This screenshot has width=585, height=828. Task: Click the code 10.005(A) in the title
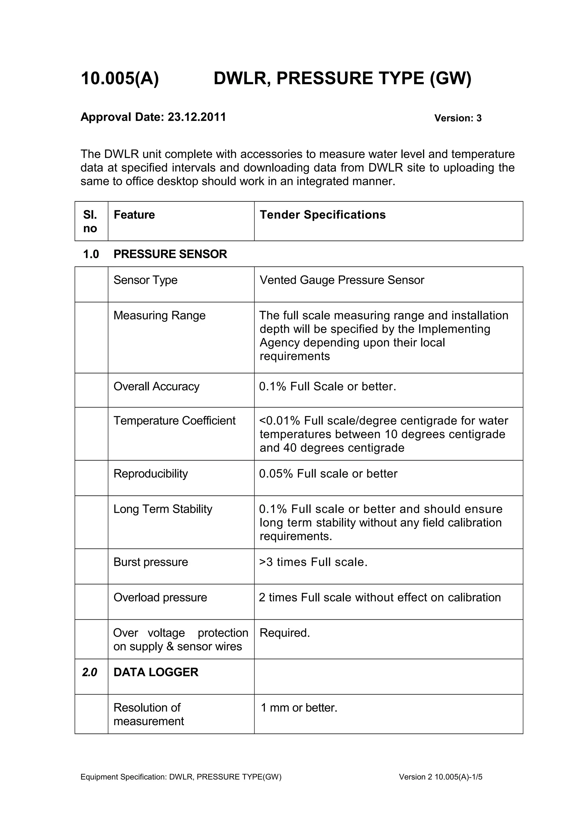(120, 79)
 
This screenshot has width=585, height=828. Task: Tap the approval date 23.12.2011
(197, 117)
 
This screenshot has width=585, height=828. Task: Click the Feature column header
(134, 215)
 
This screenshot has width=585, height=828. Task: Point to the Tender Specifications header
(322, 215)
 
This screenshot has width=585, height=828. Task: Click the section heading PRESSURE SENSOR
(170, 254)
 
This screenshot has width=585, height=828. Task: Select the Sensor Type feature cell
(145, 280)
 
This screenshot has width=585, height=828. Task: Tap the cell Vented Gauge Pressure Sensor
(342, 280)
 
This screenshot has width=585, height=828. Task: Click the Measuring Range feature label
(159, 315)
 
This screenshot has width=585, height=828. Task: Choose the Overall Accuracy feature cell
(157, 387)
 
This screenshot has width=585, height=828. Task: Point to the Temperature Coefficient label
(175, 421)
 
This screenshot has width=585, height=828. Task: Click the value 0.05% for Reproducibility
(276, 474)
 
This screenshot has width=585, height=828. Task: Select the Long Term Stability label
(163, 509)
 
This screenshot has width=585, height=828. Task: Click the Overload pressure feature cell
(160, 597)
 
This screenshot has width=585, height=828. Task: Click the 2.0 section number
(89, 672)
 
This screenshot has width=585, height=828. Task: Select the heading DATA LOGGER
(156, 672)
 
